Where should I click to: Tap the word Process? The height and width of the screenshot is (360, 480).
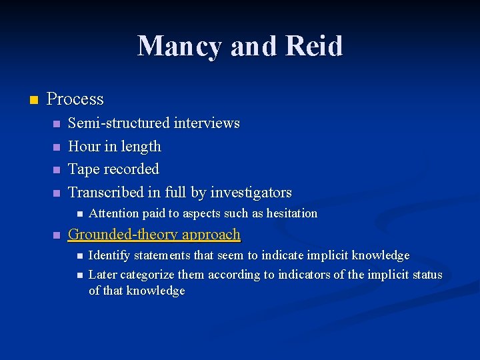coord(75,99)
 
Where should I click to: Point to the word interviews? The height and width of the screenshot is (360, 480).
coord(207,123)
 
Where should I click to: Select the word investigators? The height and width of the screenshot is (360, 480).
coord(251,193)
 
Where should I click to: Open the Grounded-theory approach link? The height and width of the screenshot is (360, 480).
coord(154,235)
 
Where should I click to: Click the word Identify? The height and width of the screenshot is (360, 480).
coord(109,255)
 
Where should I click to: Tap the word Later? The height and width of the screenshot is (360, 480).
coord(103,275)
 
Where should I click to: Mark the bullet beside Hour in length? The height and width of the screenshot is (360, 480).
coord(57,147)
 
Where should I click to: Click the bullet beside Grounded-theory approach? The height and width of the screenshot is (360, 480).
coord(57,235)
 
